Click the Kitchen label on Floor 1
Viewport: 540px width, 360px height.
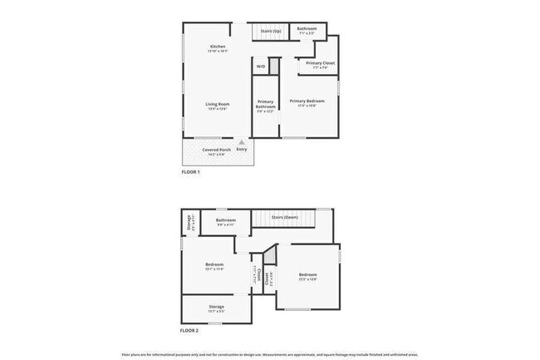coord(218,46)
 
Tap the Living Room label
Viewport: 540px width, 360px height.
coord(218,104)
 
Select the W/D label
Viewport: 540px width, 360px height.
coord(260,67)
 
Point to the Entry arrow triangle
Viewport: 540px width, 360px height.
coord(242,142)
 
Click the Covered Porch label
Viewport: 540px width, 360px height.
coord(217,150)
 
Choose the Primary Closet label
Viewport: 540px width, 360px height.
coord(320,63)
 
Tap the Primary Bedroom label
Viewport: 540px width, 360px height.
coord(307,101)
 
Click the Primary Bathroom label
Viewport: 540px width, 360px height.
coord(265,104)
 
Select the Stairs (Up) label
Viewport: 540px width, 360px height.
coord(271,31)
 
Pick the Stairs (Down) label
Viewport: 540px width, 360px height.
coord(285,218)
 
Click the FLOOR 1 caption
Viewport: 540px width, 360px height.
coord(190,172)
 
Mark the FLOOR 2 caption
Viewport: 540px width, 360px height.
coord(190,331)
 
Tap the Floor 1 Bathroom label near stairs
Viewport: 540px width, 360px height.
coord(307,28)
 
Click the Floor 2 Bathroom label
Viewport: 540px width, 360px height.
coord(226,219)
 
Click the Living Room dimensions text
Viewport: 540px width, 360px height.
coord(218,109)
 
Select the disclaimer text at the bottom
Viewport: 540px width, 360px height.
coord(270,353)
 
